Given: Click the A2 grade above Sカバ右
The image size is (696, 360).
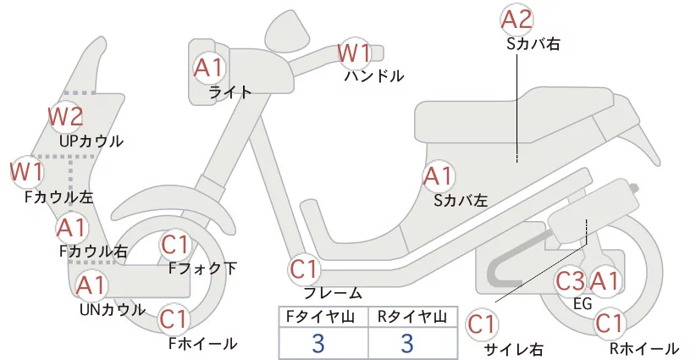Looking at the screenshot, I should coord(516,19).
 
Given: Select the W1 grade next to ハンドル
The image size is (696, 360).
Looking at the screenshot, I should coord(355,53).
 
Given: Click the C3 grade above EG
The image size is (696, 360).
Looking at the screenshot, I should coord(570,280).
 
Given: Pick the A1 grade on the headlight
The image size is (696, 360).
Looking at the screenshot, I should coord(208,67).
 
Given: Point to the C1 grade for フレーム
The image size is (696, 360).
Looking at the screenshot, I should coord(305,270).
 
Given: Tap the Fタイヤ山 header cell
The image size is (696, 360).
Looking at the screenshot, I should coord(323,317).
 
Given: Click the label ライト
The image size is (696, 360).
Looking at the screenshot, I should coord(229,92).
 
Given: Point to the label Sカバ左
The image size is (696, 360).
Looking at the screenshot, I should coord(461,201).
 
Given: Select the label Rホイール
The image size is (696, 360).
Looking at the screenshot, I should coord(644,348).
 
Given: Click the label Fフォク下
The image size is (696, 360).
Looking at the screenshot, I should coord(202,269).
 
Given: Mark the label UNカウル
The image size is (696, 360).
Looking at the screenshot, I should coord(112,309).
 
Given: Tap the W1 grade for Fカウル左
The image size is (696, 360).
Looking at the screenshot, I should coord(26,172).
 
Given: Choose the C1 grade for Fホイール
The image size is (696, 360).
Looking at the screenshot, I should coord(174,319).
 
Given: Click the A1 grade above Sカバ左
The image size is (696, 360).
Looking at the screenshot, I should coord(439,177).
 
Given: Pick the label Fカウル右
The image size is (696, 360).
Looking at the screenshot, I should coord(93,251).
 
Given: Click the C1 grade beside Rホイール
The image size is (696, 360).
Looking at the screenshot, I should coord(610,323).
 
